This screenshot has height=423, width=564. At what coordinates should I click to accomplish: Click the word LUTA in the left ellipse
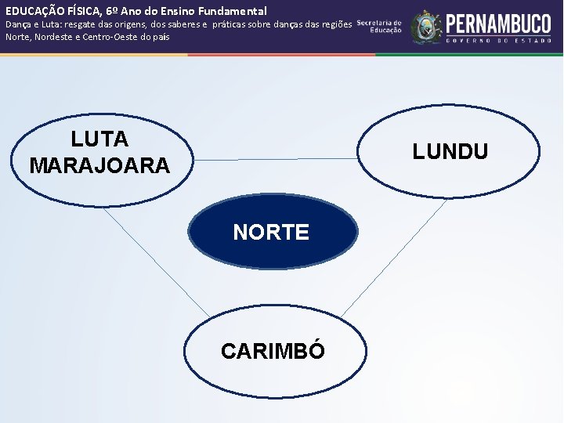tap(99, 139)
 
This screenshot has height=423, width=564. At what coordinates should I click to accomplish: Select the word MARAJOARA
tap(99, 166)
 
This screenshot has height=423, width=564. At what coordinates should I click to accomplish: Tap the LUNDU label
tap(450, 151)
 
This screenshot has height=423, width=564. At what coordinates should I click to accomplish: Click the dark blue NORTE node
tap(271, 232)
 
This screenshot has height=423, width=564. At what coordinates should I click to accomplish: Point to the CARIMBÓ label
tap(273, 351)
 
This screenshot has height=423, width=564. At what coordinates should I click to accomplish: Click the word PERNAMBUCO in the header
tap(498, 21)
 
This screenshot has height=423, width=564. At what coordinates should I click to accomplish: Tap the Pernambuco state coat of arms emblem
tap(426, 27)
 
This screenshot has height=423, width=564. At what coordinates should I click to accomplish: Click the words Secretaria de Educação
tap(380, 27)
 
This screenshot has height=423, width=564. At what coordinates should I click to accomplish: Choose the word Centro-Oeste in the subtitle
tap(124, 36)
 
